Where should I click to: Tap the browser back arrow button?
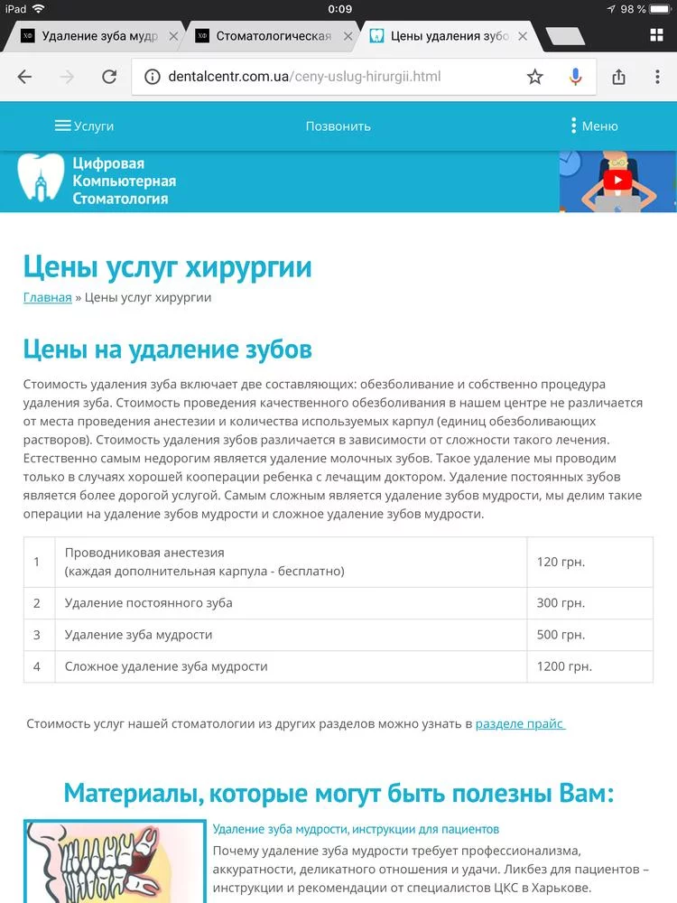click(24, 77)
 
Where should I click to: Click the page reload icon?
click(109, 77)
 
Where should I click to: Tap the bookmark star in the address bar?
click(535, 77)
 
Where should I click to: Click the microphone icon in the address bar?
click(575, 77)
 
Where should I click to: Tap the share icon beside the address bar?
click(618, 77)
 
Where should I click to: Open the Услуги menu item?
click(85, 126)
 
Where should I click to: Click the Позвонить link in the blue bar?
click(338, 126)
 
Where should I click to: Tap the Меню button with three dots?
click(594, 126)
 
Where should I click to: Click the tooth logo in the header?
click(42, 181)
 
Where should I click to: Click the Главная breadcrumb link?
click(48, 297)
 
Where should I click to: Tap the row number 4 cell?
click(38, 666)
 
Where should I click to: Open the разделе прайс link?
click(520, 723)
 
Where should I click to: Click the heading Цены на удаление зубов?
click(167, 349)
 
